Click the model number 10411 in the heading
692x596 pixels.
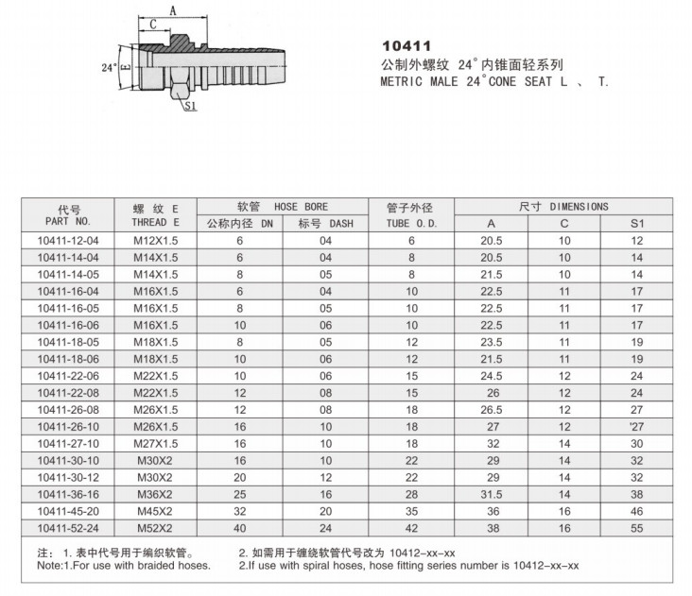(x=407, y=45)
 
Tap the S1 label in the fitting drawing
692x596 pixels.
(x=189, y=107)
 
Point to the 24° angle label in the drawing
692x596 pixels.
(x=107, y=68)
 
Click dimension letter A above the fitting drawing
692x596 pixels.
(x=173, y=10)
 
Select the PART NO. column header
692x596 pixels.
(x=69, y=222)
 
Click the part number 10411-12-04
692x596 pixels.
(x=69, y=241)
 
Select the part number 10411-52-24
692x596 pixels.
(x=69, y=528)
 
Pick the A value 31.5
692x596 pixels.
(x=491, y=494)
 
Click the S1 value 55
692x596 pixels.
(x=636, y=528)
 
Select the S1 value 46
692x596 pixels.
(x=636, y=511)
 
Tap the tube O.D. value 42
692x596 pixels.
(x=411, y=528)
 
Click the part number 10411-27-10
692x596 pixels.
(x=69, y=443)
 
